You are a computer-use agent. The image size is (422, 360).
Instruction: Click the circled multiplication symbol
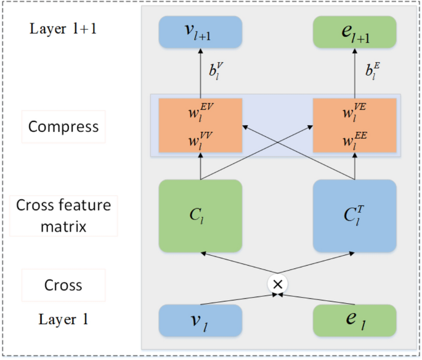(278, 284)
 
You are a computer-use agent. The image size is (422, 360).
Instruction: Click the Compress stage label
(63, 127)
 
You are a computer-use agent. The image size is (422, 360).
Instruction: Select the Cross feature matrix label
(63, 216)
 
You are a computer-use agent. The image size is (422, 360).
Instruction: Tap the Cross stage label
(63, 285)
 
